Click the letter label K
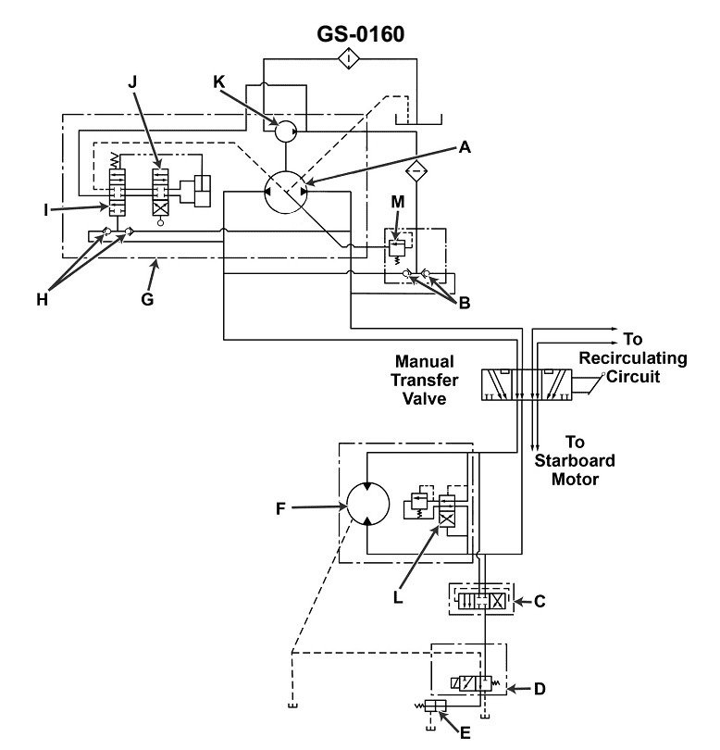coord(218,81)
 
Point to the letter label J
coord(131,82)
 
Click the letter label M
coord(396,201)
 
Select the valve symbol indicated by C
coord(478,600)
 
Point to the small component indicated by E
coord(436,706)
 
